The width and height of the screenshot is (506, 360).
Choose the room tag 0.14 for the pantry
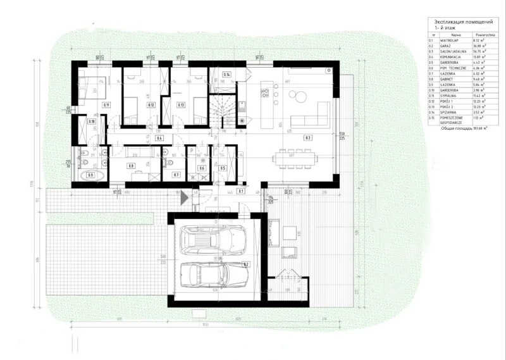click(x=226, y=75)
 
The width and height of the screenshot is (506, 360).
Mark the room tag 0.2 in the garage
click(x=245, y=264)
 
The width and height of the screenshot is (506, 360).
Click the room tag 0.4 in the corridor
click(x=160, y=137)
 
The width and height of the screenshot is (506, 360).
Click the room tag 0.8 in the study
click(x=132, y=166)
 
